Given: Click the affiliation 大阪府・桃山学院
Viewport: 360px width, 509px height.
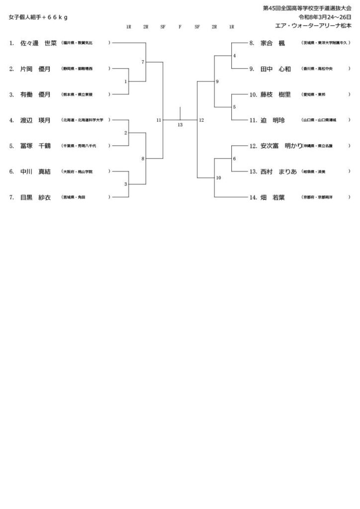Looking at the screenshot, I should pyautogui.click(x=78, y=171).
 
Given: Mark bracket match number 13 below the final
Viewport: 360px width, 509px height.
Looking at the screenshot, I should pyautogui.click(x=180, y=125).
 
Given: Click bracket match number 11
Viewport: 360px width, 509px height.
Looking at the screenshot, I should pyautogui.click(x=159, y=120).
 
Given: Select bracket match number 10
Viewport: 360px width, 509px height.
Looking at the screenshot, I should pyautogui.click(x=218, y=177).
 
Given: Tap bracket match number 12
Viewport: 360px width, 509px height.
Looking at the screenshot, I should pyautogui.click(x=201, y=120).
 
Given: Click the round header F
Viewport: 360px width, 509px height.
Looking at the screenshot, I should pyautogui.click(x=180, y=27).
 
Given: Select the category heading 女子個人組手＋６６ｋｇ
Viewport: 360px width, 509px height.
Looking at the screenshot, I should pyautogui.click(x=38, y=17).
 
